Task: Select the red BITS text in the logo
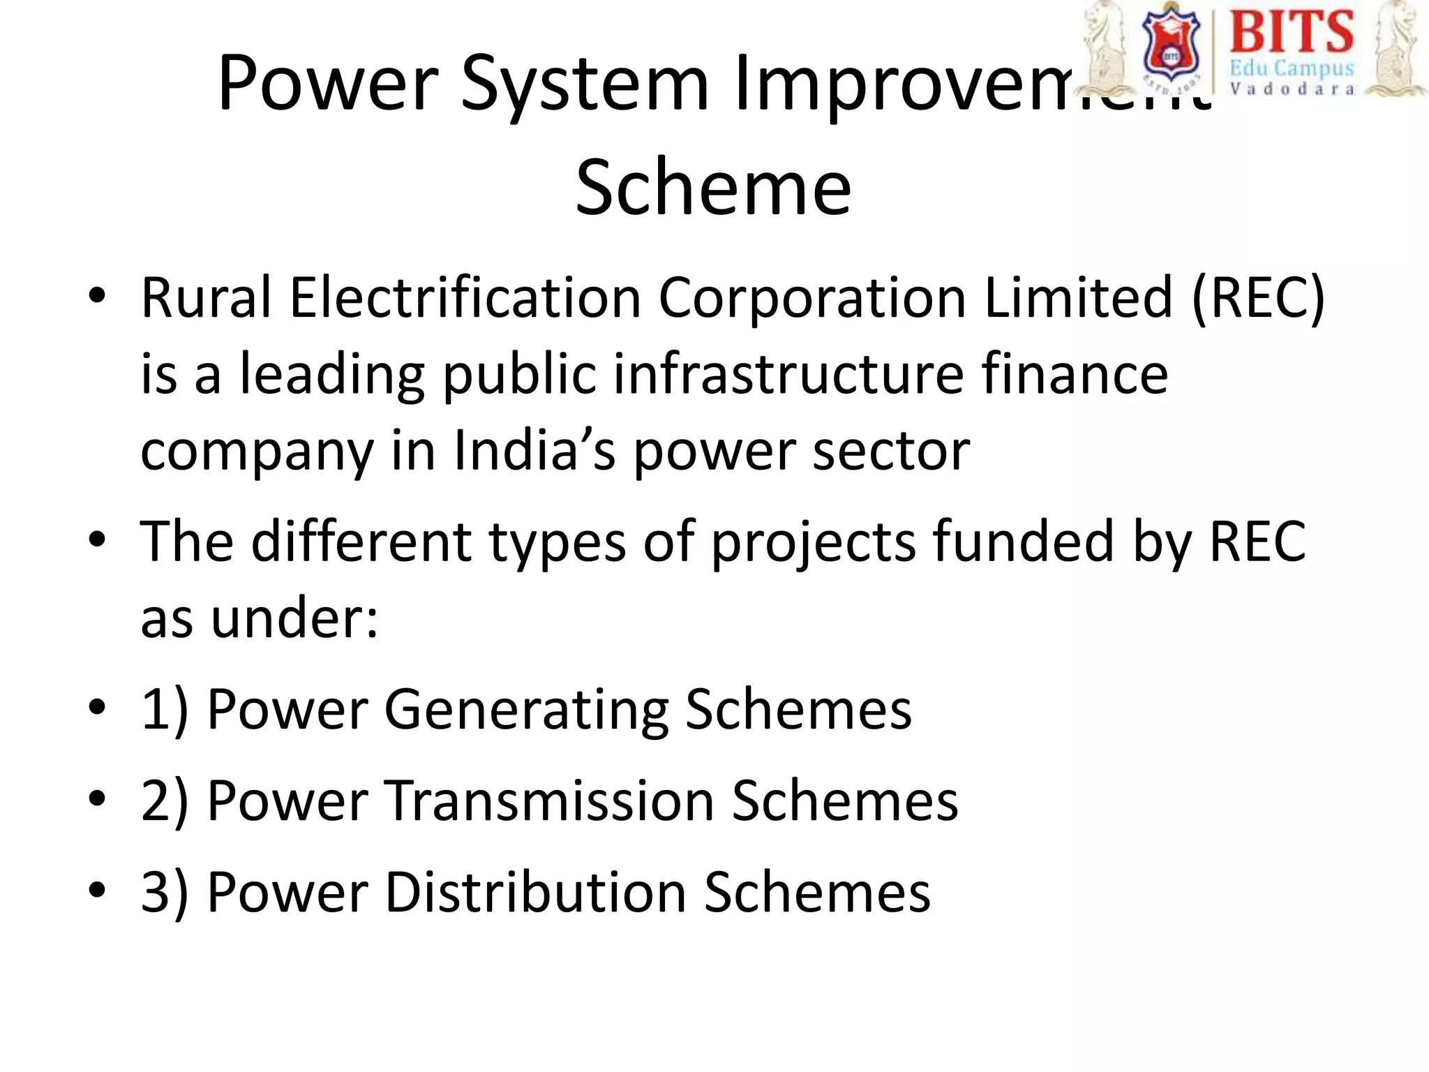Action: [x=1291, y=31]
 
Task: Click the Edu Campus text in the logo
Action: [x=1291, y=69]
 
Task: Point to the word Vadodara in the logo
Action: [x=1291, y=89]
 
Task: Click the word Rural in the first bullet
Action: [x=206, y=299]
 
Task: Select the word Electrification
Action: [x=465, y=299]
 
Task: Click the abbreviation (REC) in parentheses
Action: [x=1258, y=299]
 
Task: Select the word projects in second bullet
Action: [x=813, y=542]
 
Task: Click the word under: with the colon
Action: [x=294, y=619]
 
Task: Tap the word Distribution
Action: [x=535, y=893]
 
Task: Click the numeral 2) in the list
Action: [x=165, y=801]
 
